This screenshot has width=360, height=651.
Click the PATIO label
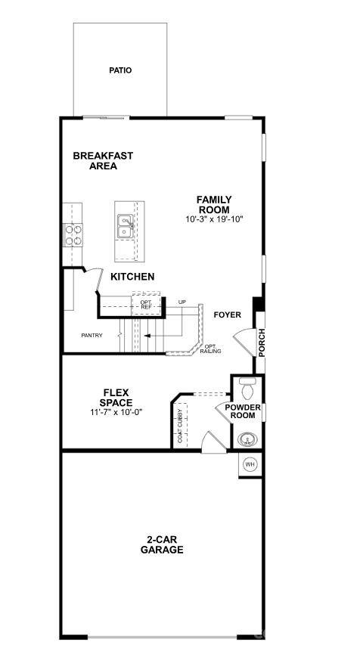pyautogui.click(x=119, y=70)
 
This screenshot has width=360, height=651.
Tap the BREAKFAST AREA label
pyautogui.click(x=103, y=161)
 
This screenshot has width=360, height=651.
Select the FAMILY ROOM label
pyautogui.click(x=215, y=205)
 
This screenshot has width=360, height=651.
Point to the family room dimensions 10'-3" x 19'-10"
pyautogui.click(x=215, y=219)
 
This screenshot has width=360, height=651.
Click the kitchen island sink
pyautogui.click(x=125, y=223)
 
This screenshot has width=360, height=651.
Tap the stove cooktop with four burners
pyautogui.click(x=73, y=236)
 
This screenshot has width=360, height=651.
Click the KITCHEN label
pyautogui.click(x=132, y=277)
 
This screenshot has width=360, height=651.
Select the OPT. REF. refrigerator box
pyautogui.click(x=145, y=305)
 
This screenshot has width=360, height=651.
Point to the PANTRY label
pyautogui.click(x=92, y=335)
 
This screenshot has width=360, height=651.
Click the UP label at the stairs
pyautogui.click(x=182, y=302)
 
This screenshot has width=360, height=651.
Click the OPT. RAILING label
pyautogui.click(x=211, y=349)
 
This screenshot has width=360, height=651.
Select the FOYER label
pyautogui.click(x=227, y=315)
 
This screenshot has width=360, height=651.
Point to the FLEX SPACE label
pyautogui.click(x=116, y=398)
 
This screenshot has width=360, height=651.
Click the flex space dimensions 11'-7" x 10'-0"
pyautogui.click(x=116, y=412)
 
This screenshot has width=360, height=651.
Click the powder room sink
pyautogui.click(x=247, y=439)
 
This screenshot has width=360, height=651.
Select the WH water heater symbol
pyautogui.click(x=250, y=463)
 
